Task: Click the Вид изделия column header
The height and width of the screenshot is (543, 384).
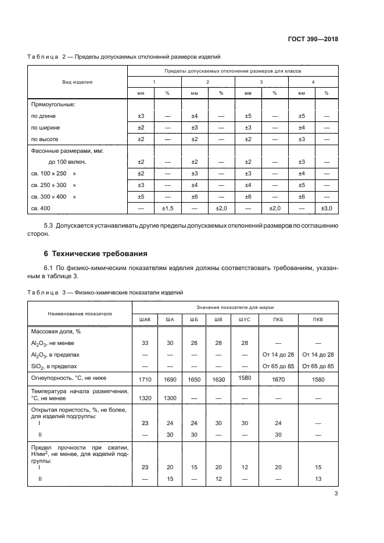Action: [x=78, y=82]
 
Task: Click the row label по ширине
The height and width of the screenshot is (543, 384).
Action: [x=45, y=127]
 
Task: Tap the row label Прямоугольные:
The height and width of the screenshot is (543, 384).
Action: [x=53, y=105]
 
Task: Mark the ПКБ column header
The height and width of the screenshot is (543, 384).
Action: [x=278, y=319]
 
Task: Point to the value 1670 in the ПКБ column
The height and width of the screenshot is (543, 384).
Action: [x=278, y=379]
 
